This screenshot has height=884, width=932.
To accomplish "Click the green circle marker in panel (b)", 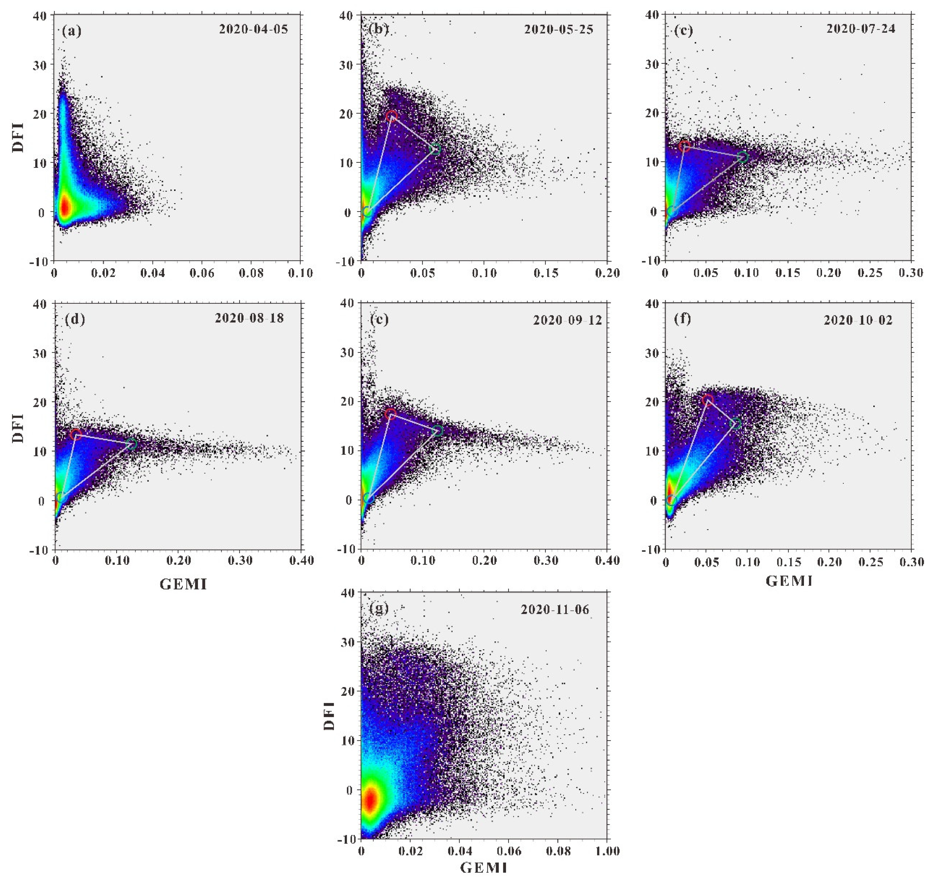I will point(435,149).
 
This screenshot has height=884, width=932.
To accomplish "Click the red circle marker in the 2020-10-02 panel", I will point(708,400).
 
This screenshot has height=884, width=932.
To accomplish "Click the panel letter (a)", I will point(72,31).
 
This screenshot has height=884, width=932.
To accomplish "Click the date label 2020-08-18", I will point(249,318).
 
